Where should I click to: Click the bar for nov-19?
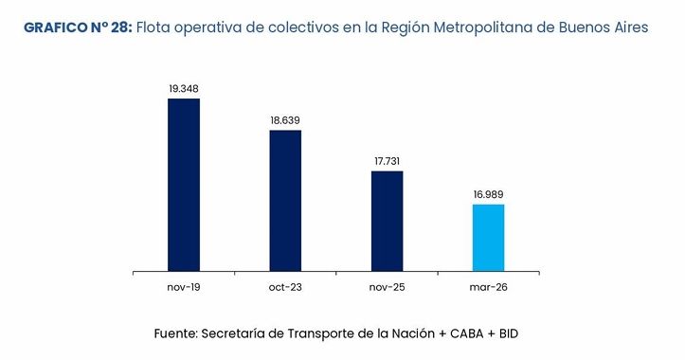(x=184, y=185)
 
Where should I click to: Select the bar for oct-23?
(x=285, y=201)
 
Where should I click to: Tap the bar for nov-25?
(x=387, y=221)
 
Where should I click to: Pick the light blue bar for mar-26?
(x=488, y=238)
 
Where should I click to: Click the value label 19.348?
(x=184, y=89)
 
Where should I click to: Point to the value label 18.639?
(x=285, y=120)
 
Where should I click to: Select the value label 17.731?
(x=387, y=162)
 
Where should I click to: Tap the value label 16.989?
(x=488, y=194)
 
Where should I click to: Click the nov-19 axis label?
(x=184, y=286)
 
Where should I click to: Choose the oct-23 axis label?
(x=285, y=286)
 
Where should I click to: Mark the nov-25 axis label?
(x=387, y=286)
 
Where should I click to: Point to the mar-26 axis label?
(x=488, y=286)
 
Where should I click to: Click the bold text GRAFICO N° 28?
(x=77, y=28)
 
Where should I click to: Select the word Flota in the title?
(x=155, y=28)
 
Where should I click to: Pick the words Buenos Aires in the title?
(x=605, y=28)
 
